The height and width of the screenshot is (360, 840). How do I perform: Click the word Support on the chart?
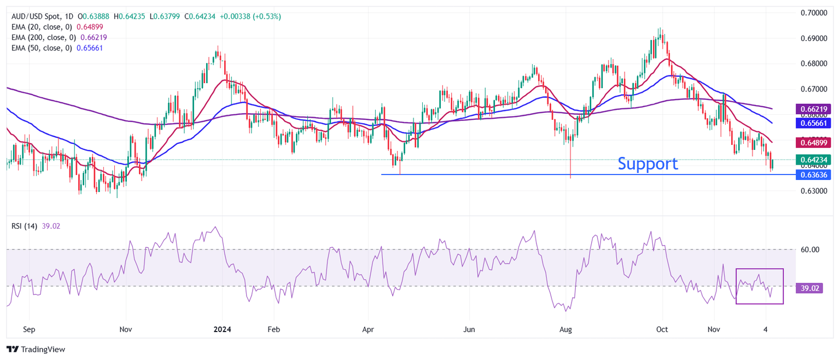click(648, 164)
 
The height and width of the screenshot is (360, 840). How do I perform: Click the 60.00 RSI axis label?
click(810, 249)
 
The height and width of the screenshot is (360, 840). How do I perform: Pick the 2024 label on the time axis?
click(222, 329)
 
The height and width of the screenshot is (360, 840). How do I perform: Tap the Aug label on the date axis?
click(566, 329)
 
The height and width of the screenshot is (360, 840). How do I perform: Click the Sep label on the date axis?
click(29, 329)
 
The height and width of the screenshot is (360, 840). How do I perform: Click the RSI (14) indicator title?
click(24, 226)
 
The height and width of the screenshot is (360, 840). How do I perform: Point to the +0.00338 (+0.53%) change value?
click(250, 16)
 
